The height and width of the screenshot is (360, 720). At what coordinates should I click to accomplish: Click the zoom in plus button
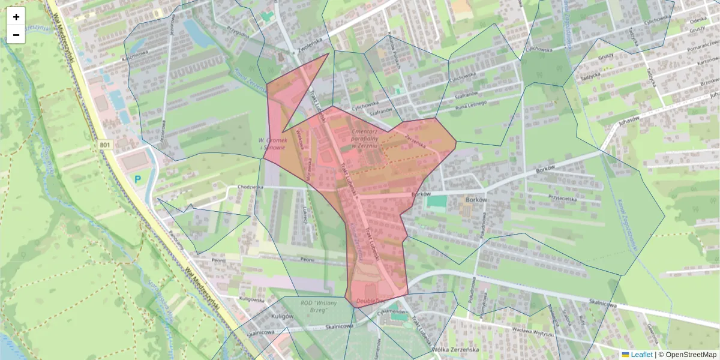(16, 16)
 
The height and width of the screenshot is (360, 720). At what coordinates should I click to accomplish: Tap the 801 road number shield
(106, 145)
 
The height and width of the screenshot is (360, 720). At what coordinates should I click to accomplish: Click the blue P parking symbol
(138, 179)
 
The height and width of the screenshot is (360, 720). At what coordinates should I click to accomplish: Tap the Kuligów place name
(281, 316)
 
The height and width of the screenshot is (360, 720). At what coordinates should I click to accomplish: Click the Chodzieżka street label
(250, 187)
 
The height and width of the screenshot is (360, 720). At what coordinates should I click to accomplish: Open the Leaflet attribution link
(641, 355)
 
